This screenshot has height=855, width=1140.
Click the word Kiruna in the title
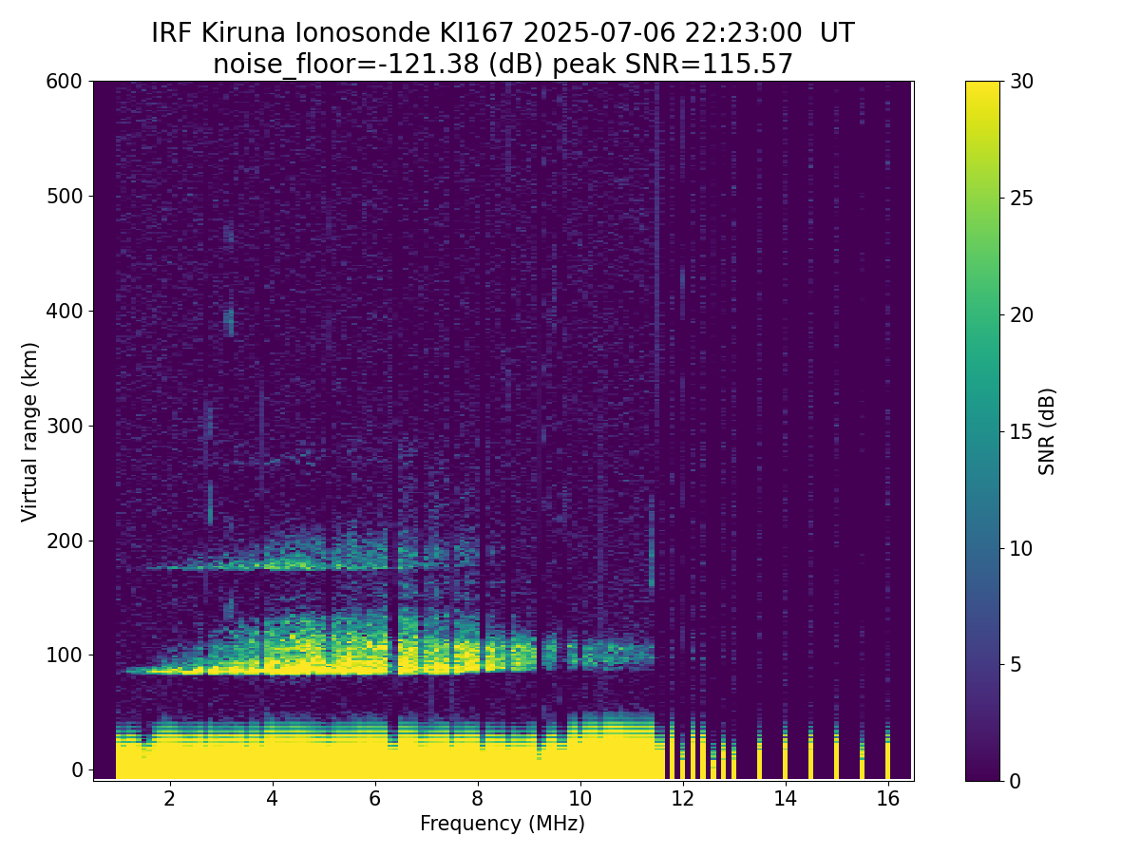pos(243,33)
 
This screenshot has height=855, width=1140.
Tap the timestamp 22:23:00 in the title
pos(743,33)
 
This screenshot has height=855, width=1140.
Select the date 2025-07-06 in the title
pos(598,33)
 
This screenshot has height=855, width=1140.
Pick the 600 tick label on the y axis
pos(64,82)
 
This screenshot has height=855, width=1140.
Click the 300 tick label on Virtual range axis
pos(64,427)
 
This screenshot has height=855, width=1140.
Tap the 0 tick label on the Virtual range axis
pos(77,769)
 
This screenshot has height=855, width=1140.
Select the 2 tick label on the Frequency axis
pos(169,798)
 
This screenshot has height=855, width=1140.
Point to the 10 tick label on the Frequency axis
pos(580,798)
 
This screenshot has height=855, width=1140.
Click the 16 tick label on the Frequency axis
pos(888,798)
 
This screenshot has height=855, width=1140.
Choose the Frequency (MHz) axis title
pos(503,824)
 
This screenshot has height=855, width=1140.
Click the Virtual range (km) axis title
pos(29,432)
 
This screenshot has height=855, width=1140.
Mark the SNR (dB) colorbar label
pos(1047,431)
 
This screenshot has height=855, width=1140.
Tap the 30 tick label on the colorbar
pos(1021,82)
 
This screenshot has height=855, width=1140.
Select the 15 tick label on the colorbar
pos(1021,431)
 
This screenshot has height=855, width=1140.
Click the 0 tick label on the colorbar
pos(1015,781)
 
